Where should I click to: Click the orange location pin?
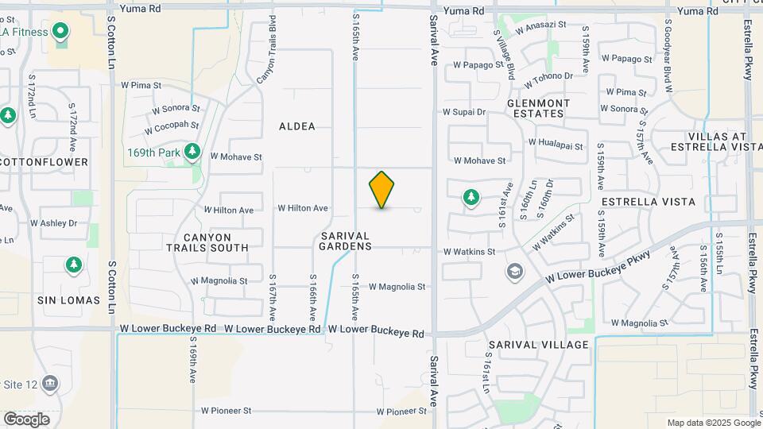click(381, 190)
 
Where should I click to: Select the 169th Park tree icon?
click(192, 151)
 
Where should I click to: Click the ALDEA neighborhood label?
click(297, 126)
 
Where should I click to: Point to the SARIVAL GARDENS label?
click(347, 242)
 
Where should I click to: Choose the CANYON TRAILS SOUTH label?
click(207, 242)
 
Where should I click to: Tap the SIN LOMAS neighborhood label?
click(69, 300)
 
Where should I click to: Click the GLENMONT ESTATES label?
click(538, 108)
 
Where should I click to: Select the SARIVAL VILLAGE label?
click(539, 345)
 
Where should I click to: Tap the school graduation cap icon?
click(514, 272)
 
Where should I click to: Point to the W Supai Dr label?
click(463, 112)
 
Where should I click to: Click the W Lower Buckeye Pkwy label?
click(598, 267)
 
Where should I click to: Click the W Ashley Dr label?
click(54, 223)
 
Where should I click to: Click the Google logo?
click(26, 419)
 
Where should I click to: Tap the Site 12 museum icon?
click(50, 384)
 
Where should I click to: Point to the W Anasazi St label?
click(540, 25)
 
